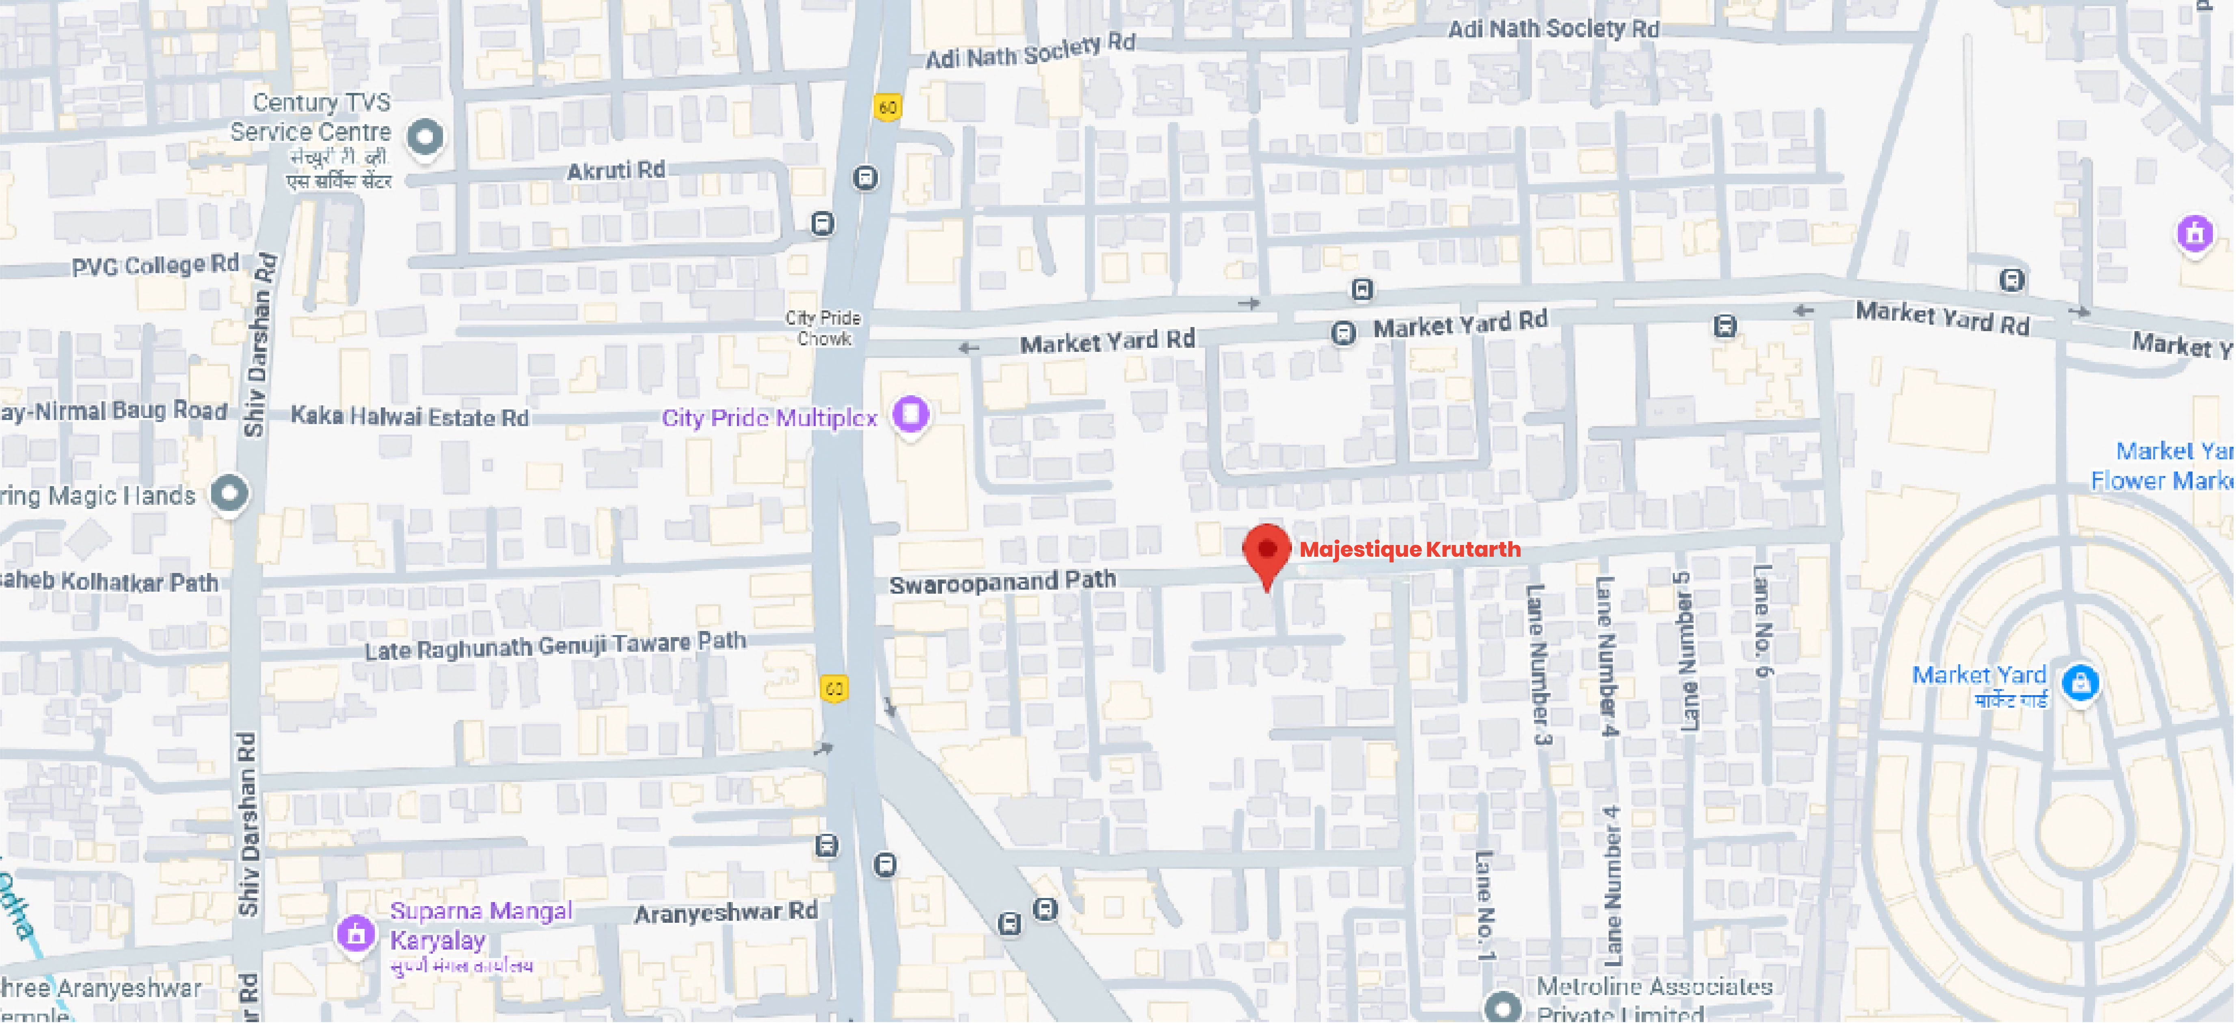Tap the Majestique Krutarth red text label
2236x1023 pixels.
[1410, 549]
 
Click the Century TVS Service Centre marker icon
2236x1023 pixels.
[424, 136]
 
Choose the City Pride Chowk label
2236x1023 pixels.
[823, 328]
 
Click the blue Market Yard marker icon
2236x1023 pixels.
[2080, 682]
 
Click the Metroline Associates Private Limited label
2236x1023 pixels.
[1654, 998]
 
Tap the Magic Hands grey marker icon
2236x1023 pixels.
[229, 493]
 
